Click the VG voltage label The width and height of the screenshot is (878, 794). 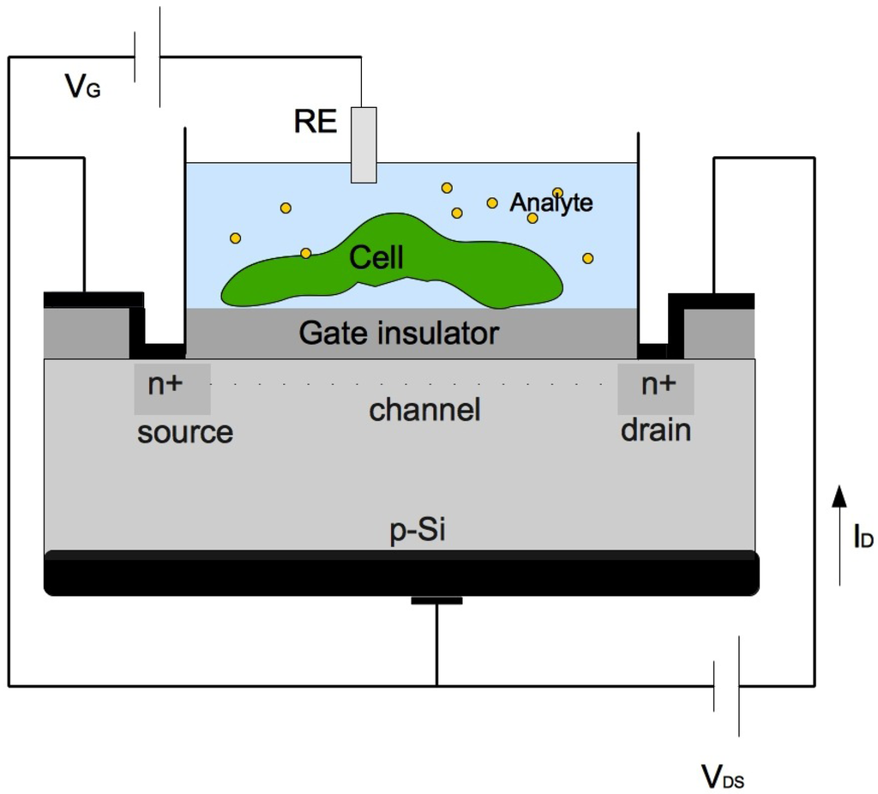tap(82, 86)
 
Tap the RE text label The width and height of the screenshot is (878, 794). tap(315, 123)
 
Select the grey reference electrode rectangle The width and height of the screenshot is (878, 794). tap(364, 145)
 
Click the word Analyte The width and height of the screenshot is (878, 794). tap(551, 203)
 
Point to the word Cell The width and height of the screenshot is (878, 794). tap(376, 257)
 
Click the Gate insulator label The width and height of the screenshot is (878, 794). tap(399, 333)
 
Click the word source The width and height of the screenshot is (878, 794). tap(185, 432)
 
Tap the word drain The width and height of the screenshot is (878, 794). tap(656, 430)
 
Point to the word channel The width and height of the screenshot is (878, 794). tap(424, 410)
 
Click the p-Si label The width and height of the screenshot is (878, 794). tap(418, 532)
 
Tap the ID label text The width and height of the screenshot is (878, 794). tap(863, 538)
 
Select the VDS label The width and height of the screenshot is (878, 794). tap(722, 777)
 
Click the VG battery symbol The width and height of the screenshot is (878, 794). tap(147, 57)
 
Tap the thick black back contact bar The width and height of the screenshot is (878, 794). tap(400, 573)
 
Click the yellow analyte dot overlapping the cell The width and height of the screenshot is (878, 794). tap(306, 253)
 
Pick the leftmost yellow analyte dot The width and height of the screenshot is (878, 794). tap(235, 238)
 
